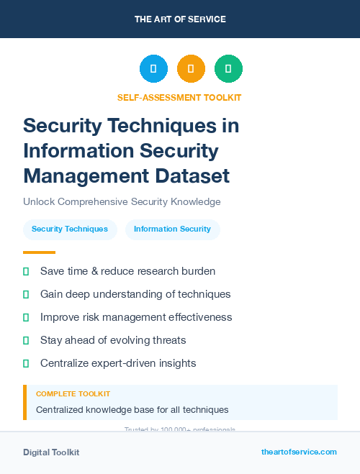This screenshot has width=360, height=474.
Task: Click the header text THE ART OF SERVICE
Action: point(180,19)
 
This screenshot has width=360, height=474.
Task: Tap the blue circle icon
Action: point(153,69)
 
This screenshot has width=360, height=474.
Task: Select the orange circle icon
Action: point(191,69)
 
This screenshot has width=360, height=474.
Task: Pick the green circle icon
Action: point(228,69)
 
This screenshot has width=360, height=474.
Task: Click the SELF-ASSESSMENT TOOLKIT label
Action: point(179,98)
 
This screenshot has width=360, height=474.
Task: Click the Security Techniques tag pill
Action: point(70,229)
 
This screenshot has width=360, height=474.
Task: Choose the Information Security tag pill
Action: point(172,229)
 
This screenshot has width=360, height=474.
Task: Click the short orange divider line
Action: point(39,252)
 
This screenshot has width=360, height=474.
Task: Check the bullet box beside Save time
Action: point(26,271)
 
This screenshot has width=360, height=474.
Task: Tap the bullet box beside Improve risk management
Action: point(26,317)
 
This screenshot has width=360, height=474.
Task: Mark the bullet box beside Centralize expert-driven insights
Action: point(26,363)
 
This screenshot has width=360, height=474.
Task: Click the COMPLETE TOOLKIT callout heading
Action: point(73,394)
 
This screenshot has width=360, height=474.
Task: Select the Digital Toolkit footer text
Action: point(51,452)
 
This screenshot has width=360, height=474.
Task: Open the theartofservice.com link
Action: point(299,452)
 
